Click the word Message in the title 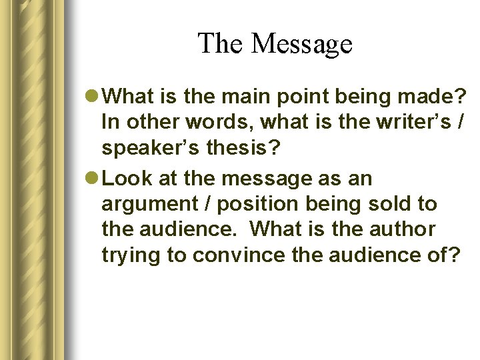[x=302, y=44]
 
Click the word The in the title [x=222, y=44]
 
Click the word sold [x=393, y=203]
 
